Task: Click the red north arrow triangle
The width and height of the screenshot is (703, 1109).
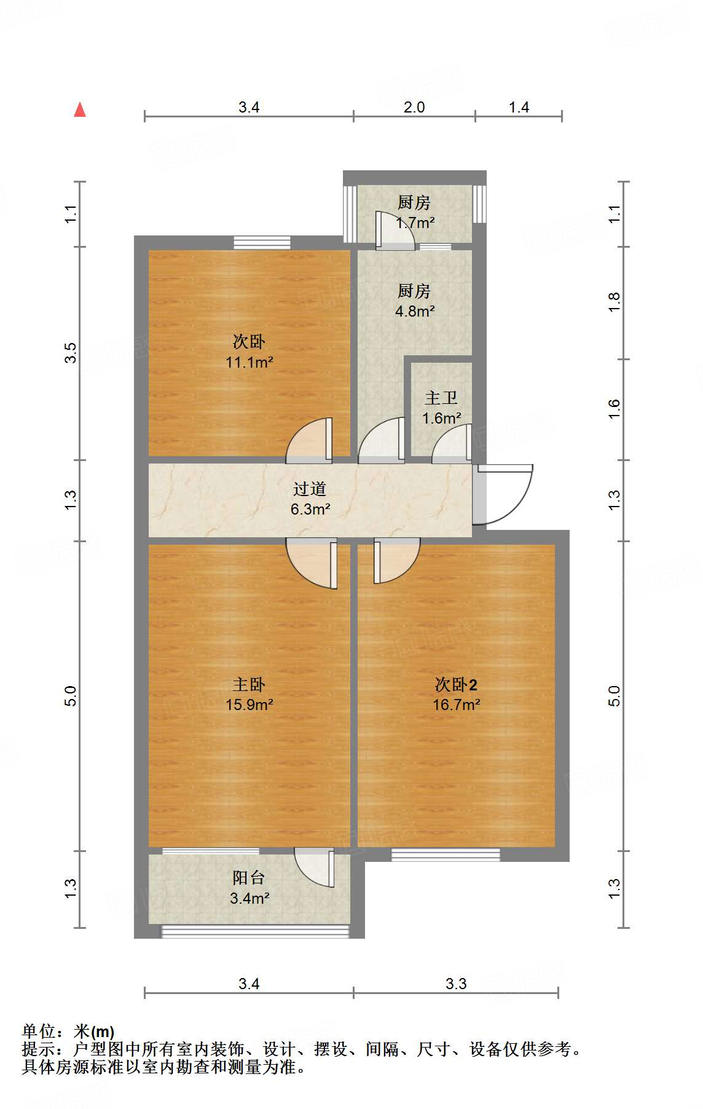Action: point(80,110)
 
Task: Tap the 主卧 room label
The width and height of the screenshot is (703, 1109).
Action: point(249,684)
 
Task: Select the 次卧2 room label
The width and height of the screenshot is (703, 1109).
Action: point(456,684)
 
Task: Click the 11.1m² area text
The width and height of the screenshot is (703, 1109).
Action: point(249,362)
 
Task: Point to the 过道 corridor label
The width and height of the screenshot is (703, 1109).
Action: point(310,489)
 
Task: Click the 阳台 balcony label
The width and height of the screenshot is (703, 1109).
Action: point(249,878)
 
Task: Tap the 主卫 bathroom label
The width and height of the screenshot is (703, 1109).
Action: point(441,398)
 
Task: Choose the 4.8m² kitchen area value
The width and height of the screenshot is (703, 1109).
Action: point(415,311)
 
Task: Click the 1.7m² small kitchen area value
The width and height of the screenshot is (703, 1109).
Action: point(416,223)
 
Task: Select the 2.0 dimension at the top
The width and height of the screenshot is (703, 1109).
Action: point(414,107)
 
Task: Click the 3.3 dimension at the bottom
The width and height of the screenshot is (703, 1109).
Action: point(456,984)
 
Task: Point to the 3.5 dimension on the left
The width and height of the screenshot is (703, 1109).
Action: point(71,353)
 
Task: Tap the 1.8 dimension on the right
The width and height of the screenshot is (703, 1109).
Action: point(614,302)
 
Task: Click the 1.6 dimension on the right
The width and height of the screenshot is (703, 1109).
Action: point(614,409)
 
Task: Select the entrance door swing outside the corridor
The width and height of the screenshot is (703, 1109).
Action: point(507,495)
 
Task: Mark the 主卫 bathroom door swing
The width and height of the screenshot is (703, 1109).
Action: point(452,444)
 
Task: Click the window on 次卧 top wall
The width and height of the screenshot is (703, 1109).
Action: point(262,243)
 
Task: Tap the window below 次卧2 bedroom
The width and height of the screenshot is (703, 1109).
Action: point(446,854)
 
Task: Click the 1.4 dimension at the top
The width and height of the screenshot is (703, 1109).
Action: point(519,107)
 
